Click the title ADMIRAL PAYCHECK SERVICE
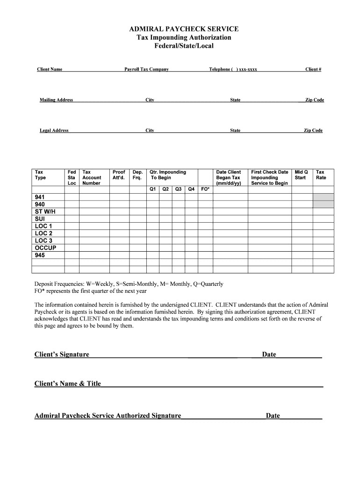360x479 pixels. pyautogui.click(x=184, y=29)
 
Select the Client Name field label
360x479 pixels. pyautogui.click(x=50, y=70)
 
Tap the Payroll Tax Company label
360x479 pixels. pyautogui.click(x=146, y=70)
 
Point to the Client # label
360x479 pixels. pyautogui.click(x=313, y=70)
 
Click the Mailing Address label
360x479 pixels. pyautogui.click(x=56, y=100)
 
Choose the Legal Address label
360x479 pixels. pyautogui.click(x=54, y=131)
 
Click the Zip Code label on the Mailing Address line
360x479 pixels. pyautogui.click(x=315, y=100)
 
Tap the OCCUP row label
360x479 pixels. pyautogui.click(x=45, y=248)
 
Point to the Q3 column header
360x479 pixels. pyautogui.click(x=178, y=189)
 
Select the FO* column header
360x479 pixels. pyautogui.click(x=205, y=189)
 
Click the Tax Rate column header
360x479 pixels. pyautogui.click(x=321, y=175)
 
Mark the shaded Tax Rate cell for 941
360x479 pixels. pyautogui.click(x=323, y=197)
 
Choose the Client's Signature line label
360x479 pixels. pyautogui.click(x=62, y=355)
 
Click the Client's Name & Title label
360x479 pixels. pyautogui.click(x=67, y=384)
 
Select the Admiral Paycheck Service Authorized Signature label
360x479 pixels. pyautogui.click(x=108, y=416)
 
